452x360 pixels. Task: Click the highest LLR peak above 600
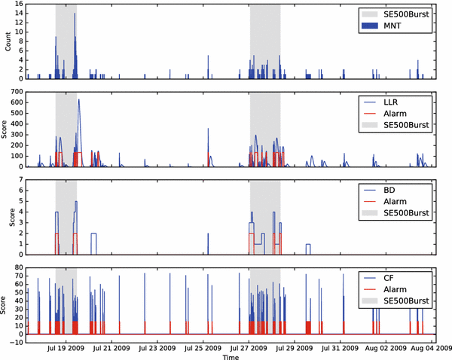(78, 99)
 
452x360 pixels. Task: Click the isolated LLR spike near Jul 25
(208, 129)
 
